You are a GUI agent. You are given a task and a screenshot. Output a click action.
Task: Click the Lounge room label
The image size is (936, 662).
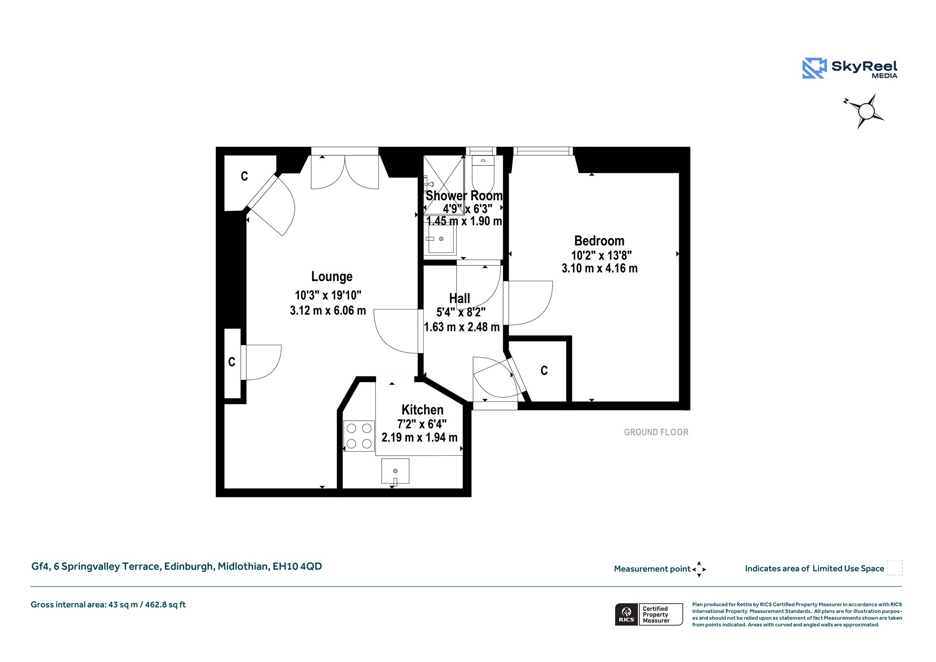332,277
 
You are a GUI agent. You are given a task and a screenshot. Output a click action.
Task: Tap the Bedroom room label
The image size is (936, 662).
599,241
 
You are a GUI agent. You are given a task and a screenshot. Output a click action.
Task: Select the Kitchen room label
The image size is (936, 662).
422,410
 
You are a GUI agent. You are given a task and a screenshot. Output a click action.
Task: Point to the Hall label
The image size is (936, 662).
459,299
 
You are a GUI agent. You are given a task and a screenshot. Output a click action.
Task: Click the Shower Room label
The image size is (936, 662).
464,196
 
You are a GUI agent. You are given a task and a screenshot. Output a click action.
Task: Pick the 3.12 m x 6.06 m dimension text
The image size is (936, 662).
328,311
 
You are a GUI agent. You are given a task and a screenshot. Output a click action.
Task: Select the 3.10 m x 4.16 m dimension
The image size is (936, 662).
599,268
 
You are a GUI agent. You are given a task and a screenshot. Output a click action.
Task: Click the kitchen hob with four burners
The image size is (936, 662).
359,436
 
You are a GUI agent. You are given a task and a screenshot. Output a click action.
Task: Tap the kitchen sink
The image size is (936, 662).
395,471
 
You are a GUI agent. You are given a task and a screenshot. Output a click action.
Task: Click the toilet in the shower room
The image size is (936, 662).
483,174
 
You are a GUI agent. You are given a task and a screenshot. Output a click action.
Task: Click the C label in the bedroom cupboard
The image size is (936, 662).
544,371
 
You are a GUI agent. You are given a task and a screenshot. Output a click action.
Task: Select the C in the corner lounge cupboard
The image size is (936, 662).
245,176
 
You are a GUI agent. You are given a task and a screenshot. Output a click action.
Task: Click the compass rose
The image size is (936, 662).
865,111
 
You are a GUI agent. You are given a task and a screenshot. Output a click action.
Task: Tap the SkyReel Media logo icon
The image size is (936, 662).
814,68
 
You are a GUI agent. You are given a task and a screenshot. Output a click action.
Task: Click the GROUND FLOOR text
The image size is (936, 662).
656,432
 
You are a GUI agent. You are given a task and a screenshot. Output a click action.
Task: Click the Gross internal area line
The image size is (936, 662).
108,605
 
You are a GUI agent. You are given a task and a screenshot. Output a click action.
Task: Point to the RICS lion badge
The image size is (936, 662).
627,614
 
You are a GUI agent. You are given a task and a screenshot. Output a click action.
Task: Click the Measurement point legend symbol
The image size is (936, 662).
699,569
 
